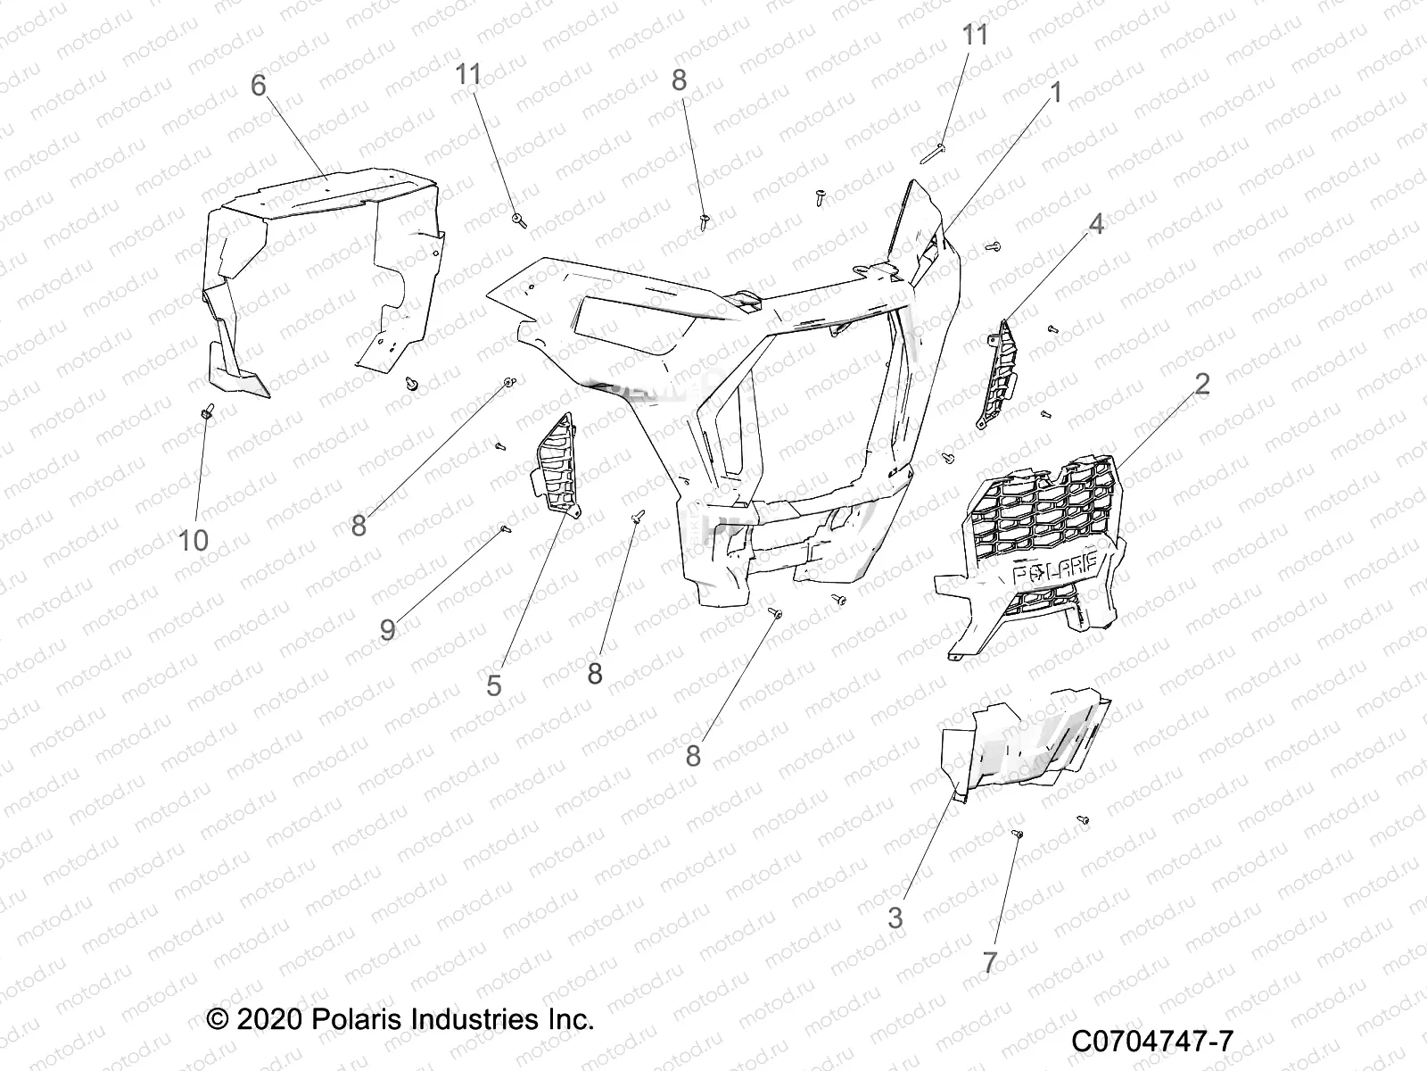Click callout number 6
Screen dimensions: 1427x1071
pyautogui.click(x=259, y=86)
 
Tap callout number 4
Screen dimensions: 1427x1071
pyautogui.click(x=1096, y=224)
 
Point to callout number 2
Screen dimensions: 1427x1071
pyautogui.click(x=1201, y=385)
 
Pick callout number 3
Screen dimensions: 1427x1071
pyautogui.click(x=895, y=917)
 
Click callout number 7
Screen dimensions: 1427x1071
pyautogui.click(x=989, y=962)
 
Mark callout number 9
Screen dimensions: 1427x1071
pyautogui.click(x=387, y=629)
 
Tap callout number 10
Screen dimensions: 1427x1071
pyautogui.click(x=194, y=540)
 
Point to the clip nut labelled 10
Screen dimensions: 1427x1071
pyautogui.click(x=208, y=411)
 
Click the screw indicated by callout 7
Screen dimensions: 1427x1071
pyautogui.click(x=1019, y=833)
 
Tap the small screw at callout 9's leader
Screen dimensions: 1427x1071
pyautogui.click(x=506, y=528)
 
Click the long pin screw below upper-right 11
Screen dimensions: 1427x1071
pyautogui.click(x=933, y=154)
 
